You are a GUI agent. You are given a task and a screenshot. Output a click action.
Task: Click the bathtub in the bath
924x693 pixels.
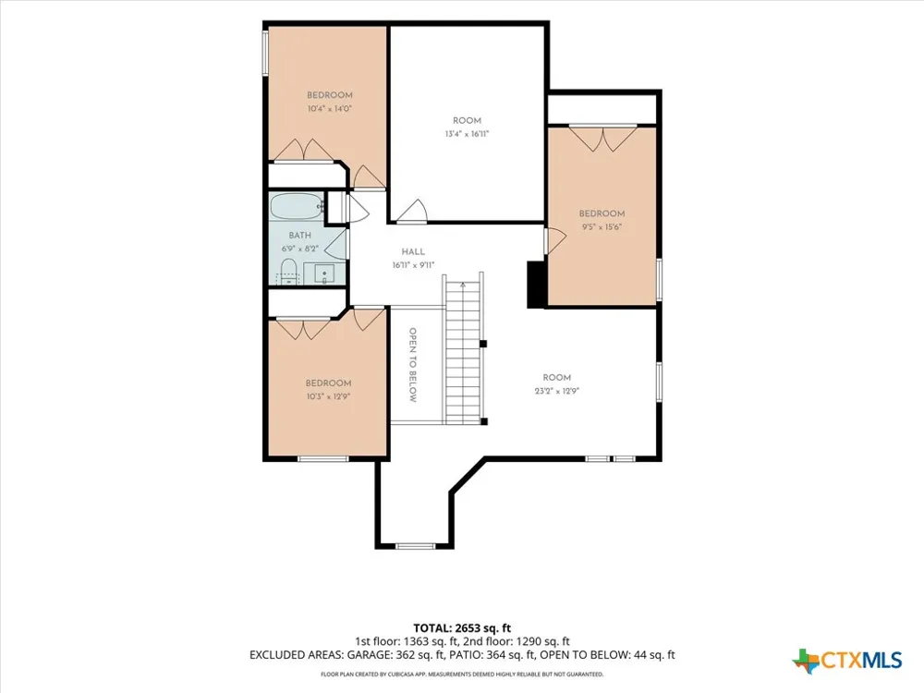pyautogui.click(x=298, y=207)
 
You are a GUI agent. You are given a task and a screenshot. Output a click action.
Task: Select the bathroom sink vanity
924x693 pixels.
pyautogui.click(x=324, y=274)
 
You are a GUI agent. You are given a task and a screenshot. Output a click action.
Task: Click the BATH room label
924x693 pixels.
pyautogui.click(x=300, y=235)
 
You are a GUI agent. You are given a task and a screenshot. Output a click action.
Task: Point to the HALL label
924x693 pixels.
pyautogui.click(x=413, y=251)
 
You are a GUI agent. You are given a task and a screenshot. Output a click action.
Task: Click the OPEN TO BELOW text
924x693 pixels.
pyautogui.click(x=412, y=365)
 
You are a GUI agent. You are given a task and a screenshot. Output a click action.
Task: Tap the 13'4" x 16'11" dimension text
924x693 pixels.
pyautogui.click(x=467, y=134)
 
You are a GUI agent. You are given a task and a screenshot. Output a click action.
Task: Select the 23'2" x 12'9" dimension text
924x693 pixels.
pyautogui.click(x=557, y=391)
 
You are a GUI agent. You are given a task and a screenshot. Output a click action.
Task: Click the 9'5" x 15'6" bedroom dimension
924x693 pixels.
pyautogui.click(x=602, y=227)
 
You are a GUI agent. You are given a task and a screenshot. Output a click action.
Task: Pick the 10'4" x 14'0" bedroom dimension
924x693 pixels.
pyautogui.click(x=330, y=108)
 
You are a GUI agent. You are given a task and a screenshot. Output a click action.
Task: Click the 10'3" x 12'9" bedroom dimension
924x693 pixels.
pyautogui.click(x=328, y=396)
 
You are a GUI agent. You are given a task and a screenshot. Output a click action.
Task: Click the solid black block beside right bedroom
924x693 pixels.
pyautogui.click(x=536, y=284)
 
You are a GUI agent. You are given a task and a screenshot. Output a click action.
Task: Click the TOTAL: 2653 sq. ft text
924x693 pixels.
pyautogui.click(x=462, y=628)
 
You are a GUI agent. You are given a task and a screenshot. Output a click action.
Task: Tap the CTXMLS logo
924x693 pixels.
pyautogui.click(x=847, y=660)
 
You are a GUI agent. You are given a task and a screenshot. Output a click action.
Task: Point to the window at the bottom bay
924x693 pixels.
pyautogui.click(x=415, y=546)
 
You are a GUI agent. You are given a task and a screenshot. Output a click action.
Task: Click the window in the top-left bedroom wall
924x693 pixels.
pyautogui.click(x=265, y=52)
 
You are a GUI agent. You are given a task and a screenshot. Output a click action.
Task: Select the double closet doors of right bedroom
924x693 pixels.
pyautogui.click(x=602, y=138)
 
